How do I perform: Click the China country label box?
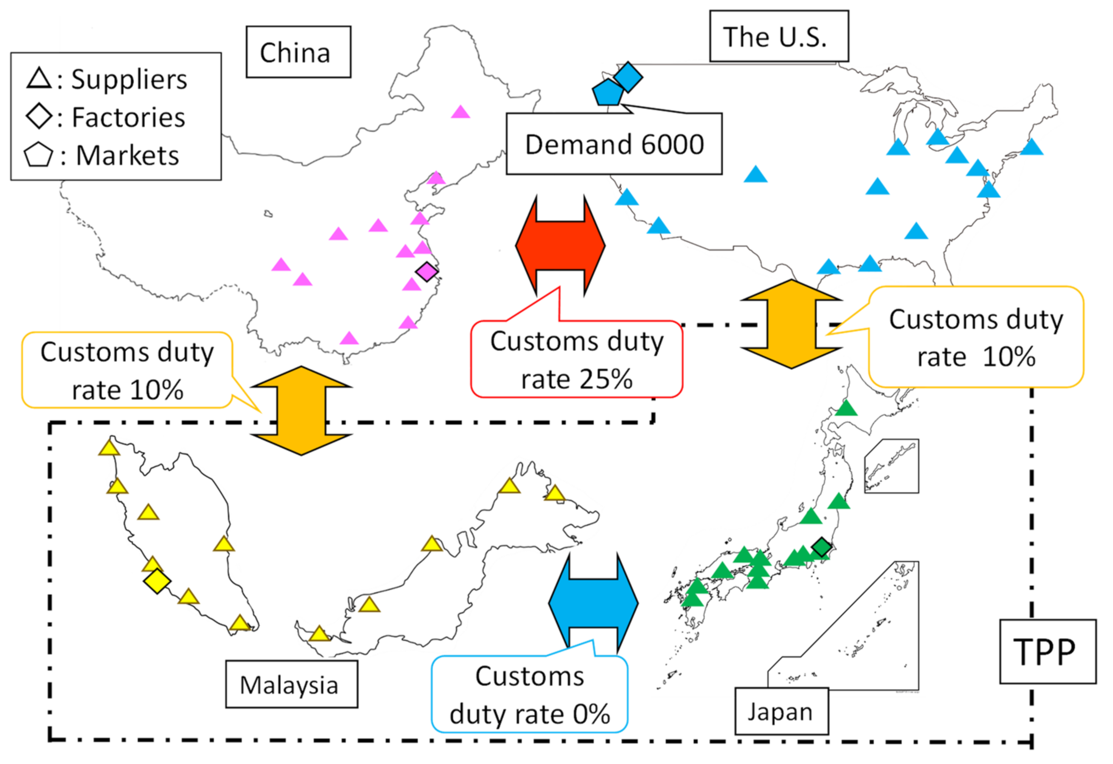298,52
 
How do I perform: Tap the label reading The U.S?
778,37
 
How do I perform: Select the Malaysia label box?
291,685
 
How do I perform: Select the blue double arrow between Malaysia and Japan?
593,603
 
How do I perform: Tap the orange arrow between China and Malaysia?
301,411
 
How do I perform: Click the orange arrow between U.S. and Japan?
791,325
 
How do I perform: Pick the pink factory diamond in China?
427,272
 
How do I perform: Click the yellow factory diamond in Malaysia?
157,581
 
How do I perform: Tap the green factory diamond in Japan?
821,547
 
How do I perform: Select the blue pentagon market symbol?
608,93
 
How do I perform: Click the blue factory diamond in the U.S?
628,76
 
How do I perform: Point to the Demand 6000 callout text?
614,144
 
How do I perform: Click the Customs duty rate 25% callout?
576,359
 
